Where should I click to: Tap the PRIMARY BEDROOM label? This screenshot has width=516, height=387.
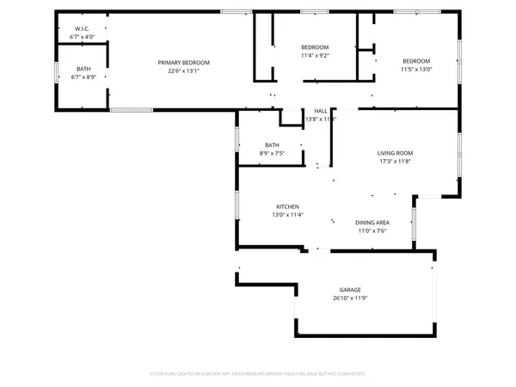(183, 62)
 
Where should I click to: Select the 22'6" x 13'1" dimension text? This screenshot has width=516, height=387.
(183, 71)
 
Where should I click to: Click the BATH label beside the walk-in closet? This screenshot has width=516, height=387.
(83, 68)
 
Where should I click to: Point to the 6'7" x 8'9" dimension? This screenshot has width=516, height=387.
(83, 77)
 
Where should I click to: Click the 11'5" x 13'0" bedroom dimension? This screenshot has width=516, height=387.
(417, 70)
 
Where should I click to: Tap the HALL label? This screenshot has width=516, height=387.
(320, 111)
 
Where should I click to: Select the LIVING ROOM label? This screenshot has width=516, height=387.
(396, 153)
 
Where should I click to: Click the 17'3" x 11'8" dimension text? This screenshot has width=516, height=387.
(396, 162)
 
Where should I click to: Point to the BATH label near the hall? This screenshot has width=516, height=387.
(272, 144)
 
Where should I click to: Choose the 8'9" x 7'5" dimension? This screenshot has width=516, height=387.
(272, 153)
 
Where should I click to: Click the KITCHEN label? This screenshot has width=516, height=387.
(287, 206)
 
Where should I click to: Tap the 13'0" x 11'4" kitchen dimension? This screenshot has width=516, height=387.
(287, 215)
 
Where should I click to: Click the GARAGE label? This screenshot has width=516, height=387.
(350, 290)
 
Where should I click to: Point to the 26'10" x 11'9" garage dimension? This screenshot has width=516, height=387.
(350, 298)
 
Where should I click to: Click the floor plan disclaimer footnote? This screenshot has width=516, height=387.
(258, 374)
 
